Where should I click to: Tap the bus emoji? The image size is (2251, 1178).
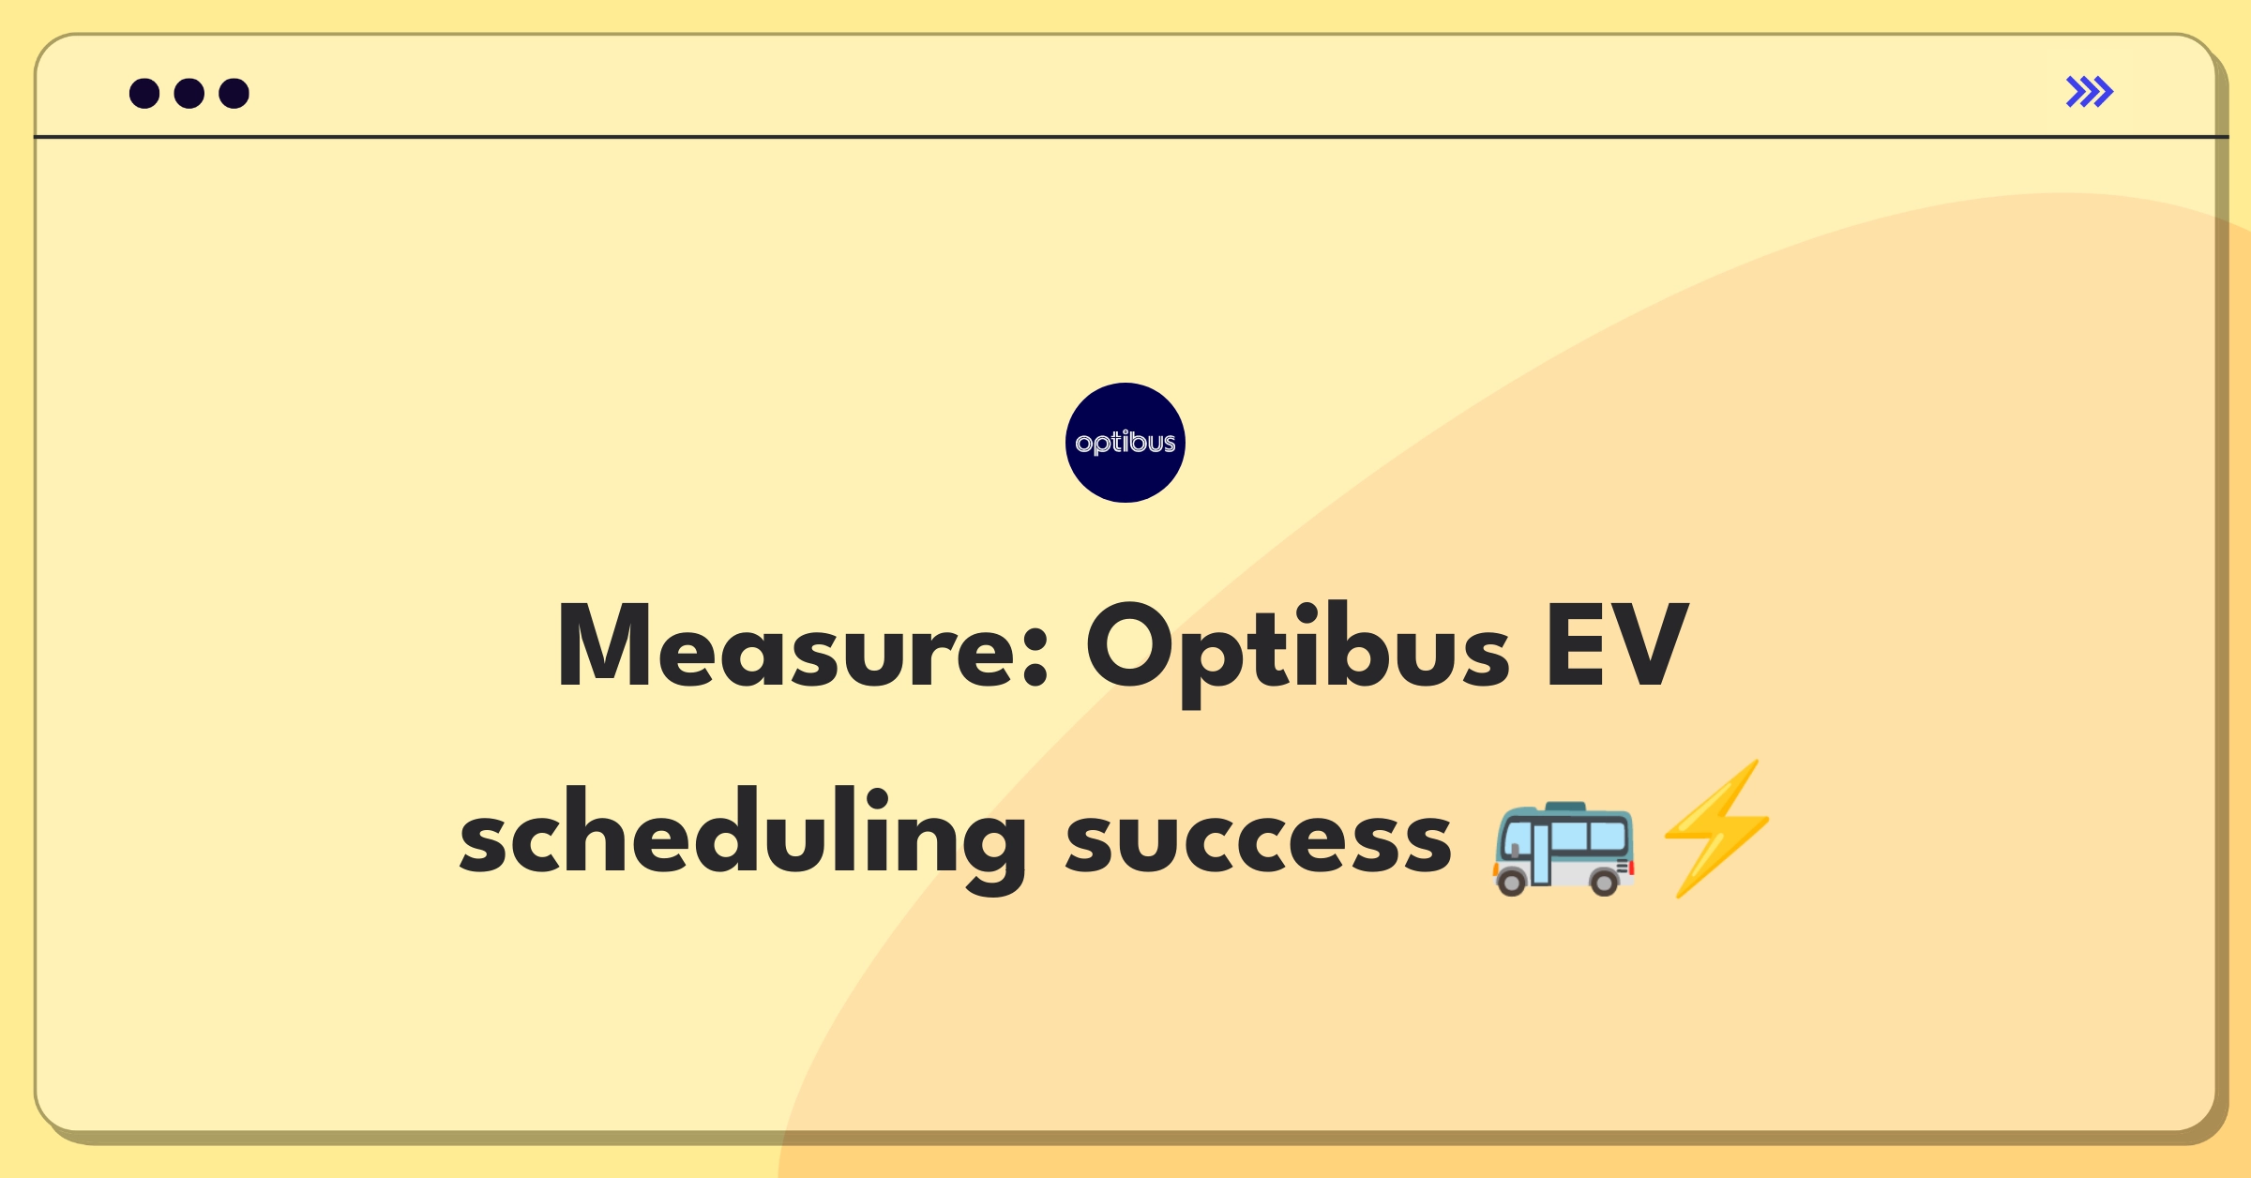pos(1564,849)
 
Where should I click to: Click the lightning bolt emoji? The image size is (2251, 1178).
pos(1717,829)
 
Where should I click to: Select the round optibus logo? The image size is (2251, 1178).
pos(1125,443)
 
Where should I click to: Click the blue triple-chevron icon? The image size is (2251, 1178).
pos(2089,92)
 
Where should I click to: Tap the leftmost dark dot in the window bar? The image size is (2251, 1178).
pos(144,94)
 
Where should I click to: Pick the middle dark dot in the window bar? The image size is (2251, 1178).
pos(189,94)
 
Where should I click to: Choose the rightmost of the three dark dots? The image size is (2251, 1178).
pos(234,94)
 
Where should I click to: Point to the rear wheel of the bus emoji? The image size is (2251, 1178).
pos(1604,882)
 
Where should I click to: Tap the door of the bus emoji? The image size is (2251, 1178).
pos(1540,854)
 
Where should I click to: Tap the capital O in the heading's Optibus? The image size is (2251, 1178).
pos(1129,645)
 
